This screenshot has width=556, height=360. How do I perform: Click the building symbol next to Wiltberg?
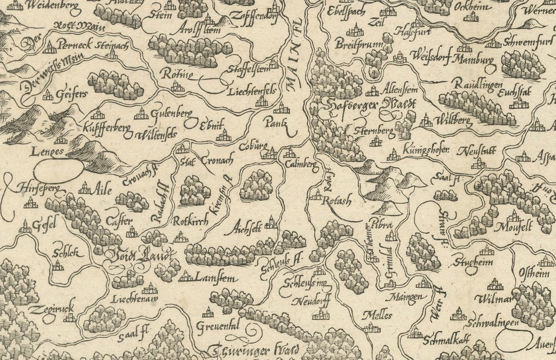coord(426,120)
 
